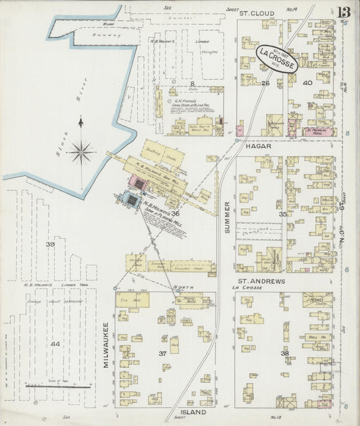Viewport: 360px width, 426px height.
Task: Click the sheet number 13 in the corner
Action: [344, 12]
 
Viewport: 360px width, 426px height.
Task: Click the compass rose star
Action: [81, 151]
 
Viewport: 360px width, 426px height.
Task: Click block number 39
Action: [49, 244]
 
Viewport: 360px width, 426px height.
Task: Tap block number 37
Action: [163, 353]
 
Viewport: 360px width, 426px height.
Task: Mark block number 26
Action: [265, 83]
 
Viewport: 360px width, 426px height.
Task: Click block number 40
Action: [307, 83]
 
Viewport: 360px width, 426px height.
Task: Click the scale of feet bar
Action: [59, 387]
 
